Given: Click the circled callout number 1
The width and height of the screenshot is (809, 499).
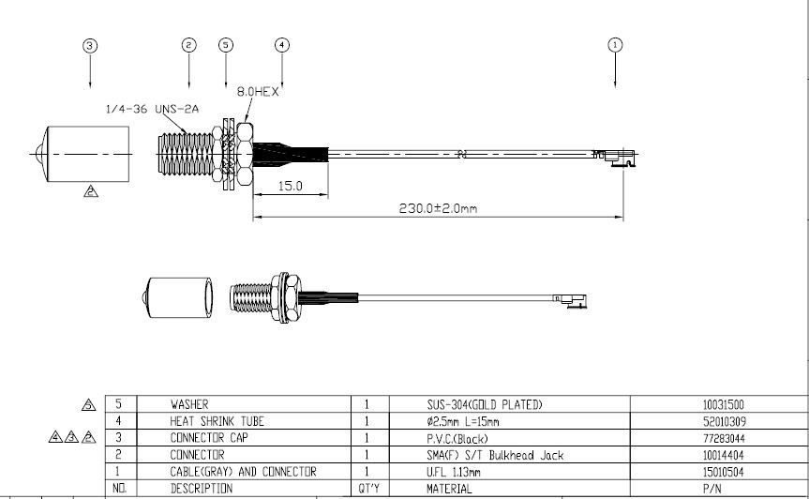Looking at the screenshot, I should click(615, 44).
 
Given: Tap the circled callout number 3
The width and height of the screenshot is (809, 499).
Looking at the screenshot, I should click(90, 45).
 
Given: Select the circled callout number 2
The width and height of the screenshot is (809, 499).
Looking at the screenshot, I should click(189, 45).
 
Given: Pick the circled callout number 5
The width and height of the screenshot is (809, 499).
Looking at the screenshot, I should click(225, 45).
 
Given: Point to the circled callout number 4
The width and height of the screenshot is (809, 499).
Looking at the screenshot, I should click(282, 45).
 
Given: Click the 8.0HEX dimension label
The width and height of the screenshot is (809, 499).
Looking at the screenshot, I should click(259, 91).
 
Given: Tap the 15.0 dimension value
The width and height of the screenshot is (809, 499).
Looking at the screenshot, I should click(291, 187).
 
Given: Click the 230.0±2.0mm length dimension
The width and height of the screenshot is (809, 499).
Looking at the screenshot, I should click(438, 208).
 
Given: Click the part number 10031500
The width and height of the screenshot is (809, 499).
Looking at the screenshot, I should click(724, 405).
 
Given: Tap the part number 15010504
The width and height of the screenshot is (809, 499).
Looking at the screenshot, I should click(724, 472).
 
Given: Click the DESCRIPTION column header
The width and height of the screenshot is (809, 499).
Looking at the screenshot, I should click(201, 489).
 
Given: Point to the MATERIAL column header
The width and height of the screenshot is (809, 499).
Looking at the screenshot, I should click(449, 489).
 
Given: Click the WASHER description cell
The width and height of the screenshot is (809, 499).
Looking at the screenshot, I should click(189, 405).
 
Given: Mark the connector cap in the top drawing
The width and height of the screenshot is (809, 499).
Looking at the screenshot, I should click(83, 154).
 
